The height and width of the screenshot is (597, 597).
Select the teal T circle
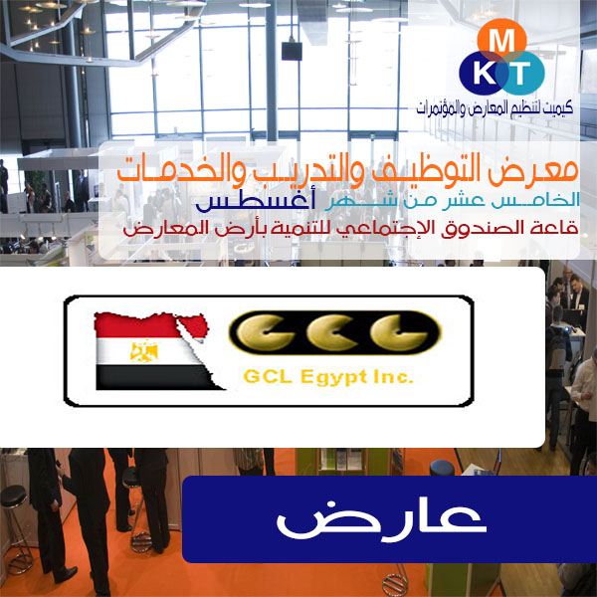(521, 73)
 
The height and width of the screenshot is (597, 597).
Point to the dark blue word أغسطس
(255, 201)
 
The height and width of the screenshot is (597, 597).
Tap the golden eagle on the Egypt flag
(144, 351)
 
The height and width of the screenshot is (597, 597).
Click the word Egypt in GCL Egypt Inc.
(333, 377)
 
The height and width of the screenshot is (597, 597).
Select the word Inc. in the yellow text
(393, 376)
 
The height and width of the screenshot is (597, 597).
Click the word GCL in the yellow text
(268, 376)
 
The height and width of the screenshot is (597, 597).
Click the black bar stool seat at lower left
(13, 496)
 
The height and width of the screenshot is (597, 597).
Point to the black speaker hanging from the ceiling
(292, 51)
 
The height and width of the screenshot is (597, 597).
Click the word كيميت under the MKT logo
(558, 108)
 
